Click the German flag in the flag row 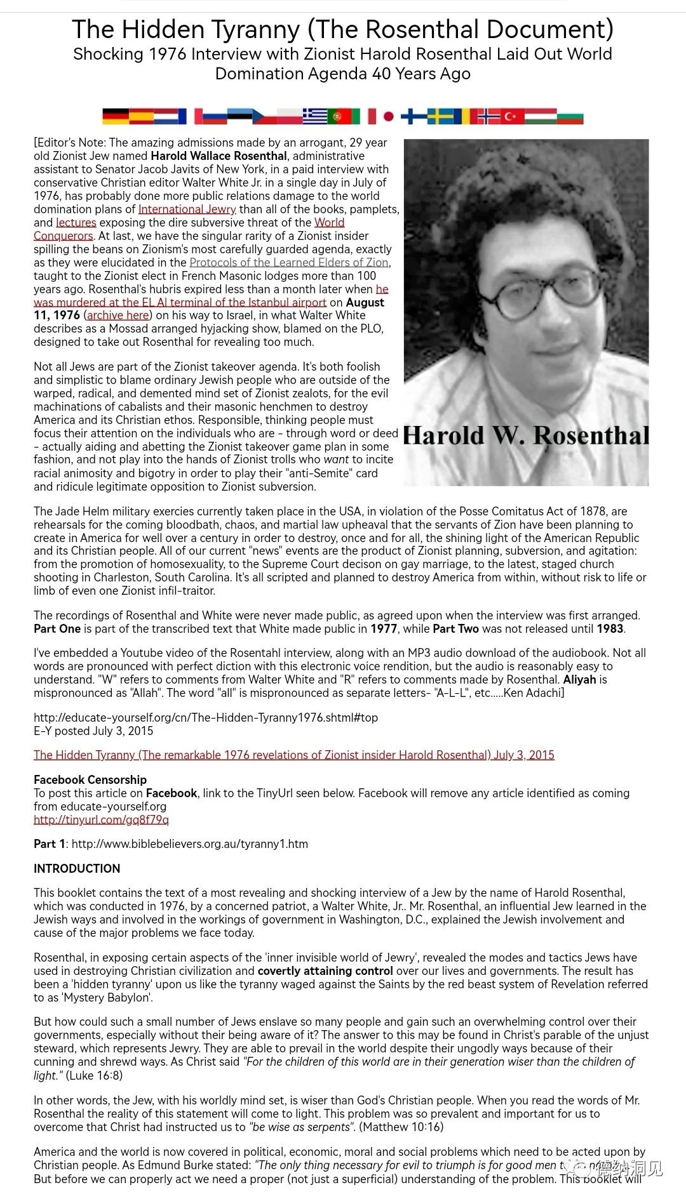pyautogui.click(x=115, y=116)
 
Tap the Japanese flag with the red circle pyautogui.click(x=388, y=116)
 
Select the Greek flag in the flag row pyautogui.click(x=314, y=116)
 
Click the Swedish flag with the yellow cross pyautogui.click(x=440, y=116)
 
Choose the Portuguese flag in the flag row pyautogui.click(x=340, y=116)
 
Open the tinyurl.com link pyautogui.click(x=101, y=819)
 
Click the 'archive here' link pyautogui.click(x=118, y=315)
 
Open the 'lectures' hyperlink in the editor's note pyautogui.click(x=76, y=222)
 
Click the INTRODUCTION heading pyautogui.click(x=77, y=869)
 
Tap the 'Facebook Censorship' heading pyautogui.click(x=90, y=779)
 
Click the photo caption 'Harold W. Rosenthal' pyautogui.click(x=526, y=435)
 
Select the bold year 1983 pyautogui.click(x=610, y=629)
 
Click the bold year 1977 pyautogui.click(x=384, y=629)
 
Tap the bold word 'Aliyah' pyautogui.click(x=579, y=680)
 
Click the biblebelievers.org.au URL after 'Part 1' pyautogui.click(x=189, y=844)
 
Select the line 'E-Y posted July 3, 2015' pyautogui.click(x=93, y=731)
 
